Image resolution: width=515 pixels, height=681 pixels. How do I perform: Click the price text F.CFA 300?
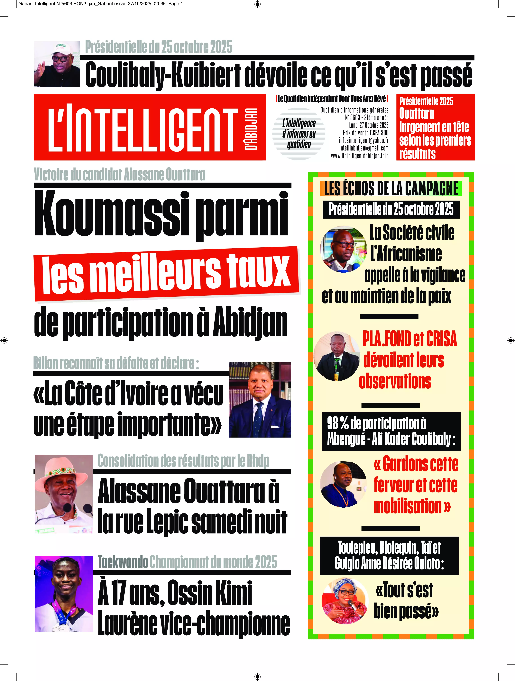[x=379, y=133]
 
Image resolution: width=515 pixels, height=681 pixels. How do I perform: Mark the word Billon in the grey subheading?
[x=46, y=363]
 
